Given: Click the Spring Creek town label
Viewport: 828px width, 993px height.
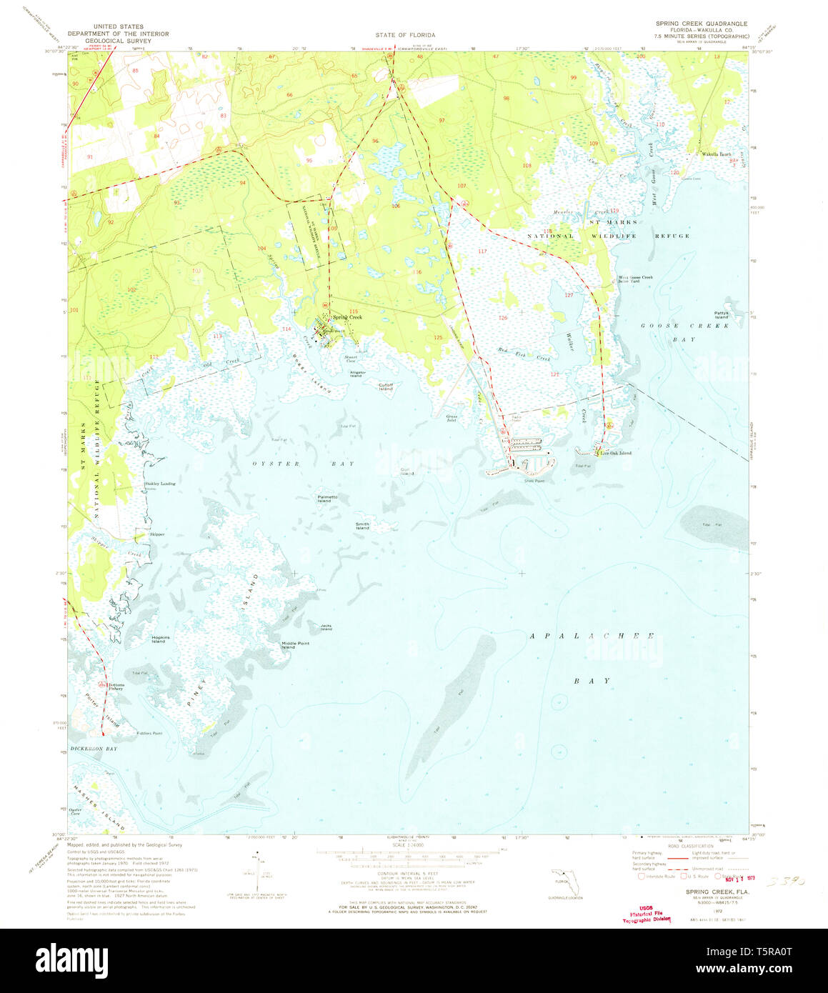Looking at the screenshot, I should point(346,317).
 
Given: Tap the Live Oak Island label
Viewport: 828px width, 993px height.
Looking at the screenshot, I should point(615,453).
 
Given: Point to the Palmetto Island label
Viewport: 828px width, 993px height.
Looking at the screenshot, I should point(324,499).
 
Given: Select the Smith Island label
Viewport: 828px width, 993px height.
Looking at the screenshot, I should point(362,526).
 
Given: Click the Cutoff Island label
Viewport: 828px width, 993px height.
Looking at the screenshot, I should point(386,386).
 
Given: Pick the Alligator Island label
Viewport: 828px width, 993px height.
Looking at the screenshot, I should point(357,373).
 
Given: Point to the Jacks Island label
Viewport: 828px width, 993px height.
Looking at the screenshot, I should point(326,628).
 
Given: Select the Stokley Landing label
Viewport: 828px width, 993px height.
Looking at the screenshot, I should point(160,484).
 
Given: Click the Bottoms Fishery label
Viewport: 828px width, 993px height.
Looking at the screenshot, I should point(115,687).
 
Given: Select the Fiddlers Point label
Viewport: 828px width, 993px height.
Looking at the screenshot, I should point(147,733).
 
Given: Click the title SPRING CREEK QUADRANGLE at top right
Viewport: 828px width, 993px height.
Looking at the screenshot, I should point(701,24).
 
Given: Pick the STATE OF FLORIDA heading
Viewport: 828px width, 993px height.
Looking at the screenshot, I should point(405,34).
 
